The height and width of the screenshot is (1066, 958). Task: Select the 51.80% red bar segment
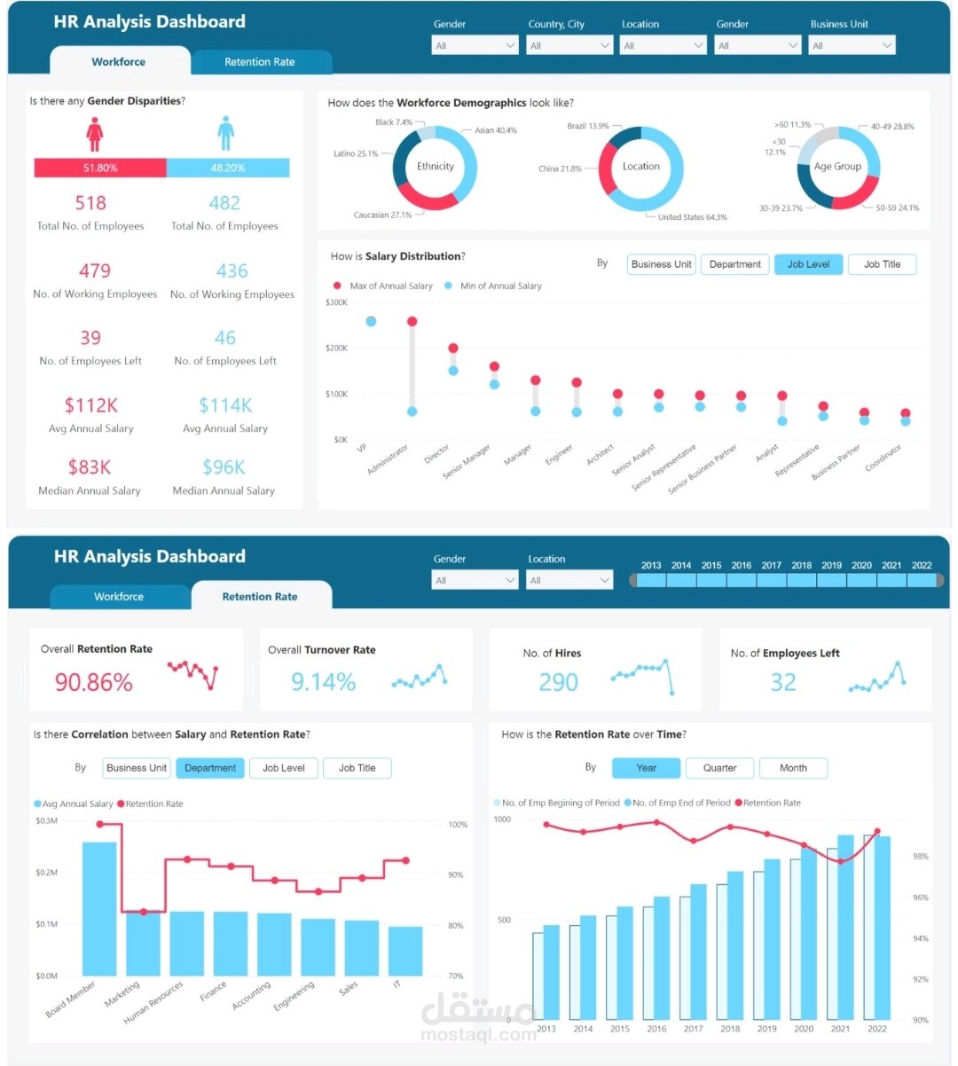[100, 168]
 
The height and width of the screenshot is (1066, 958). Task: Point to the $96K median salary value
[224, 467]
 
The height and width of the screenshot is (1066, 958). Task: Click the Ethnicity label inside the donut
[435, 167]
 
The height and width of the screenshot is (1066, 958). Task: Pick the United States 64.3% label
[692, 217]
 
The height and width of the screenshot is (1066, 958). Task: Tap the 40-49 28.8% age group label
[891, 127]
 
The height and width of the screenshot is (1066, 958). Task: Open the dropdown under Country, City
[569, 45]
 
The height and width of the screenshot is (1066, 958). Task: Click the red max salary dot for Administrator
[412, 322]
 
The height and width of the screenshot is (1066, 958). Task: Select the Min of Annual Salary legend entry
[500, 286]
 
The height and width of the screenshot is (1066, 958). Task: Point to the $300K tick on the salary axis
[337, 303]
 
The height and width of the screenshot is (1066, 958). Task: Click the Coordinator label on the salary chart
[884, 457]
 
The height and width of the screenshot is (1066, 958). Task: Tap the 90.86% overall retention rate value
[94, 682]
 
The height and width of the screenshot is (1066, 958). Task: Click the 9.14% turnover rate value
[323, 682]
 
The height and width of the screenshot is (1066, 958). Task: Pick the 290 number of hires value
[558, 682]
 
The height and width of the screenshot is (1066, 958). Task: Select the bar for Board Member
[99, 908]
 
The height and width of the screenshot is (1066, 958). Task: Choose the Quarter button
[719, 768]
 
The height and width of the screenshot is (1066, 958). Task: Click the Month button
[793, 768]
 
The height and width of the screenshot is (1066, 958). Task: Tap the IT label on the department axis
[397, 984]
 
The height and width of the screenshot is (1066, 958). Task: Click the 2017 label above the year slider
[771, 565]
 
